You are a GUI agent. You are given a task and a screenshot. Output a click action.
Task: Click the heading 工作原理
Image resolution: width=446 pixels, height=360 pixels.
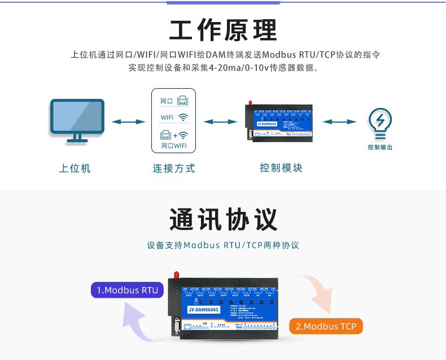tap(223, 31)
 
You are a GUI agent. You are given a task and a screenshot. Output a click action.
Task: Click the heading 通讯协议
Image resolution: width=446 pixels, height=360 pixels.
tap(223, 219)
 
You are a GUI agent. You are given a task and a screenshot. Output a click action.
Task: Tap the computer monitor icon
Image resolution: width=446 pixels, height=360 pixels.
tap(77, 120)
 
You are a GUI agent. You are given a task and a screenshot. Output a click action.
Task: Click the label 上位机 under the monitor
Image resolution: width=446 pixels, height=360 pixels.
tap(75, 168)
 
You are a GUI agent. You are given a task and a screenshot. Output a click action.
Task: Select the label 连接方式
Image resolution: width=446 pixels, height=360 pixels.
tap(173, 168)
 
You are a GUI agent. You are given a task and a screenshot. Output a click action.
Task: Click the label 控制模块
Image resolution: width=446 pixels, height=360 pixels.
tap(281, 168)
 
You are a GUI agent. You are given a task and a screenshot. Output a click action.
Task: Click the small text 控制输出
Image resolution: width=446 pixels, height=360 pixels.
tap(379, 148)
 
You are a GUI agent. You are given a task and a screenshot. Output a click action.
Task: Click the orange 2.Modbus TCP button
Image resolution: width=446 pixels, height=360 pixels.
tap(326, 327)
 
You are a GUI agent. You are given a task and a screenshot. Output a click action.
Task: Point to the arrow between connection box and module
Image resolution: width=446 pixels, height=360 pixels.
tap(220, 122)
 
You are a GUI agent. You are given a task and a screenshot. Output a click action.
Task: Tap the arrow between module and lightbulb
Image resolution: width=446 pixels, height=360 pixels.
tap(339, 122)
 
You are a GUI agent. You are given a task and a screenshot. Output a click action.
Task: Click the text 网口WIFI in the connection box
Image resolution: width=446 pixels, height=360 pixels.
tap(174, 146)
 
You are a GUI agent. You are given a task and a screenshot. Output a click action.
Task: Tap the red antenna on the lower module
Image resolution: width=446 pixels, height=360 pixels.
tap(176, 275)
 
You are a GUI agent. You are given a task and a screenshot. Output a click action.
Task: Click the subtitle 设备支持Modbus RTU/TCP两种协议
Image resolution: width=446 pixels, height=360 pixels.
tap(223, 246)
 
